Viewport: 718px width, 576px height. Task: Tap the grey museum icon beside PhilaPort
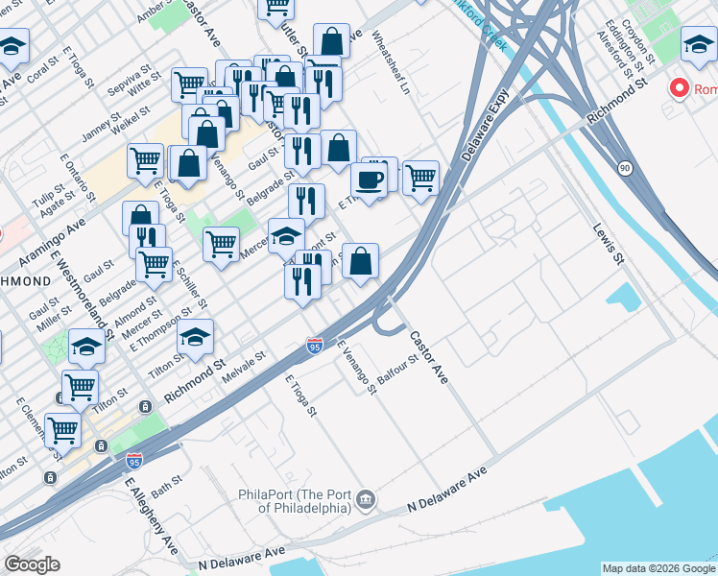pyautogui.click(x=366, y=500)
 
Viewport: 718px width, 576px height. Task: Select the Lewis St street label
pyautogui.click(x=609, y=246)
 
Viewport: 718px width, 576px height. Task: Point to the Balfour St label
pyautogui.click(x=398, y=370)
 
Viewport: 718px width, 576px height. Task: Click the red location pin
pyautogui.click(x=680, y=89)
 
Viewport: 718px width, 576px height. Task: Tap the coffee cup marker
pyautogui.click(x=368, y=179)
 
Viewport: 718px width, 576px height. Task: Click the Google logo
pyautogui.click(x=32, y=564)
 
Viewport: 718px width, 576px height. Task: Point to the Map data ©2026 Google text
pyautogui.click(x=658, y=568)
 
